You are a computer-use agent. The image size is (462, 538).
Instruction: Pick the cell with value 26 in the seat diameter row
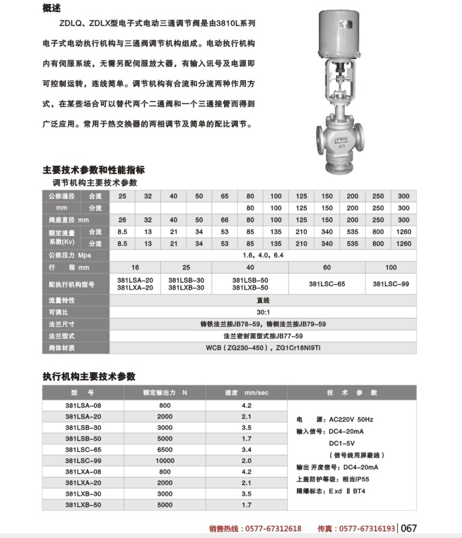(x=122, y=220)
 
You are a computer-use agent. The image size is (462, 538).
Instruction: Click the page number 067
(x=408, y=529)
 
